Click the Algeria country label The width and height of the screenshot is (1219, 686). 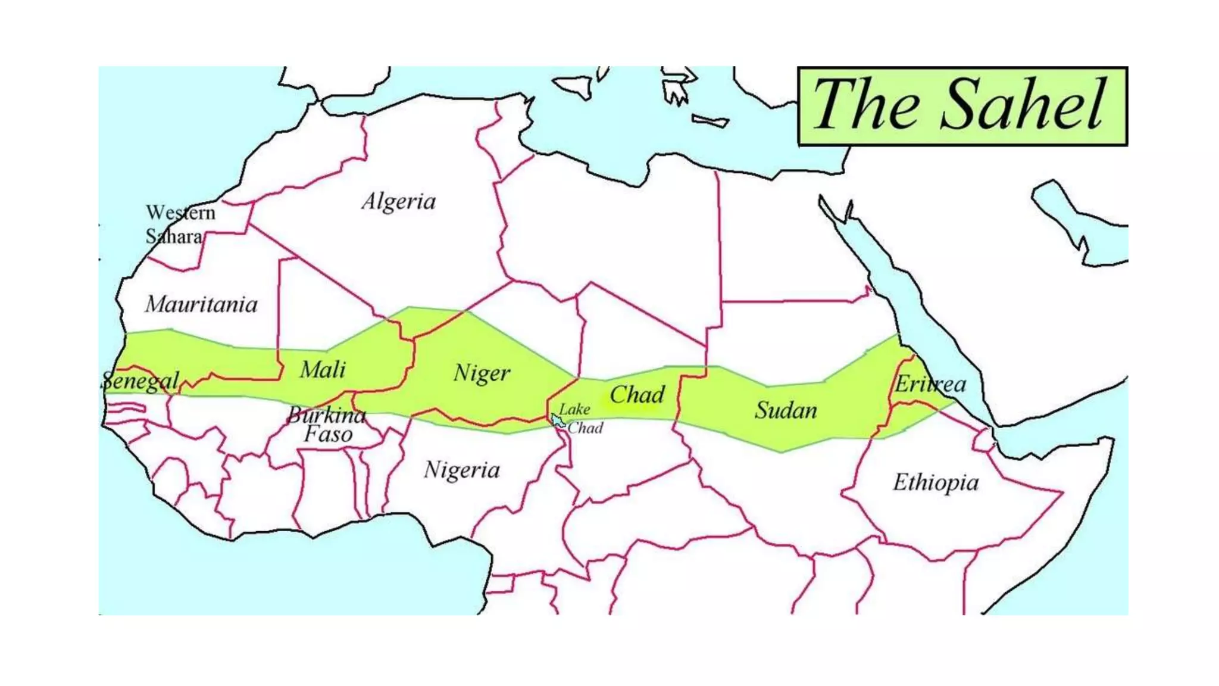399,202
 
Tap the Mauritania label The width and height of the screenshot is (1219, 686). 201,305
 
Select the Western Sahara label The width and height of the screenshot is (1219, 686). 180,224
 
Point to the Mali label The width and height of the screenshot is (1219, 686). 322,370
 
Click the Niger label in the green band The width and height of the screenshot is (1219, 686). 482,373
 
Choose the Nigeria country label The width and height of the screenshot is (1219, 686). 461,470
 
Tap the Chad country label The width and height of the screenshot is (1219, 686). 637,395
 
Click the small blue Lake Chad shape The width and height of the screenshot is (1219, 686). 557,421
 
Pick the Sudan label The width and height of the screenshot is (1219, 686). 786,410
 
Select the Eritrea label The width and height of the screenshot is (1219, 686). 930,384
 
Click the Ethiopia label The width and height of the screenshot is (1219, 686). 935,482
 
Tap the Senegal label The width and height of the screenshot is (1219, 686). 140,381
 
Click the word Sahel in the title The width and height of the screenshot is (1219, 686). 1023,105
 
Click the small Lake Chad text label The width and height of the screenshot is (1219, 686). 580,419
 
